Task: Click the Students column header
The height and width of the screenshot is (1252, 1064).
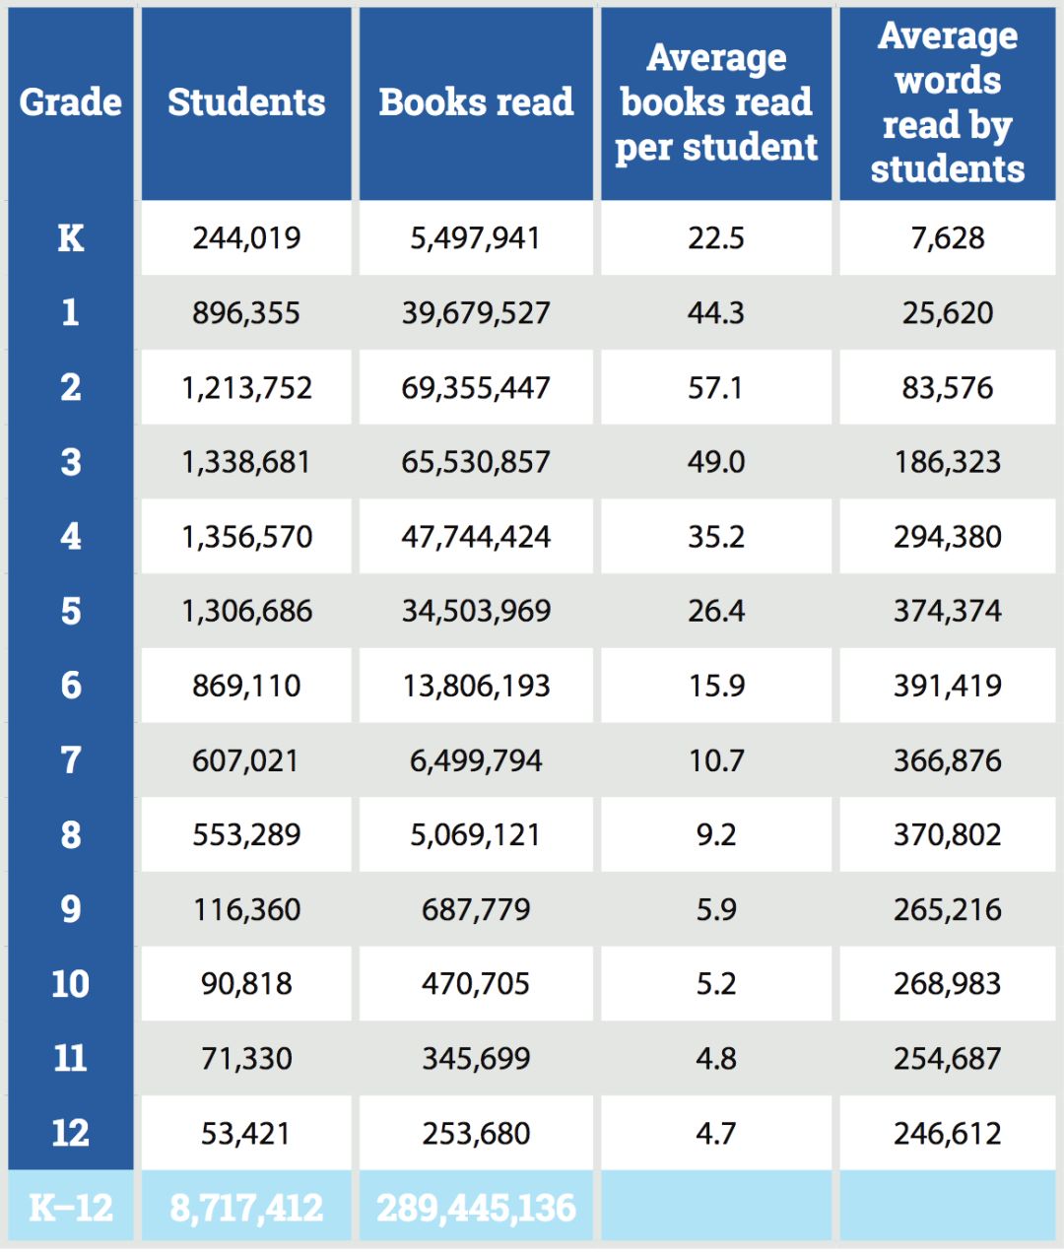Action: click(246, 102)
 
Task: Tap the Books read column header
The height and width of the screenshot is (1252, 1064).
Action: click(476, 102)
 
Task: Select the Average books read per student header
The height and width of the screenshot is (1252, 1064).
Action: click(716, 102)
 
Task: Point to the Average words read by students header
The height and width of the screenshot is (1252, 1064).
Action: click(947, 102)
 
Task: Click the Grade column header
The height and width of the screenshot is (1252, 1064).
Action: click(71, 102)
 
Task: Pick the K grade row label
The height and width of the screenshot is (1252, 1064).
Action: click(71, 238)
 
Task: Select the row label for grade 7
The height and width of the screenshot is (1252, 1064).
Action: click(71, 760)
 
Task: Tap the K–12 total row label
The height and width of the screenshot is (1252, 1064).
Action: click(71, 1207)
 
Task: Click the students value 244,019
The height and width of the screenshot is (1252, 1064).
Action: click(246, 238)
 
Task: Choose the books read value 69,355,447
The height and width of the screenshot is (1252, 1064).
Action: click(476, 388)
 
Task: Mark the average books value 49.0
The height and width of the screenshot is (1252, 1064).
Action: click(716, 462)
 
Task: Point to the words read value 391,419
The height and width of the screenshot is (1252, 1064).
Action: click(947, 686)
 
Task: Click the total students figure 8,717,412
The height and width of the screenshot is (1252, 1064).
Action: click(246, 1207)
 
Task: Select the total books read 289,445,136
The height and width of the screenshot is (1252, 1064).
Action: click(476, 1207)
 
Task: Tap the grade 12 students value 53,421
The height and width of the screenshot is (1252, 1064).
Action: click(246, 1134)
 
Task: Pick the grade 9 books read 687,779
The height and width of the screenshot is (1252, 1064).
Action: click(476, 909)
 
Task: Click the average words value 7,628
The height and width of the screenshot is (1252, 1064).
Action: click(947, 238)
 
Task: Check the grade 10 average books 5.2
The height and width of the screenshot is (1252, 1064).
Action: click(716, 984)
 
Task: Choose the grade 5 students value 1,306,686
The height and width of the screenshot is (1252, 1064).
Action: click(246, 612)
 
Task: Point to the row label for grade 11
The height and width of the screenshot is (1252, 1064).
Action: click(71, 1059)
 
